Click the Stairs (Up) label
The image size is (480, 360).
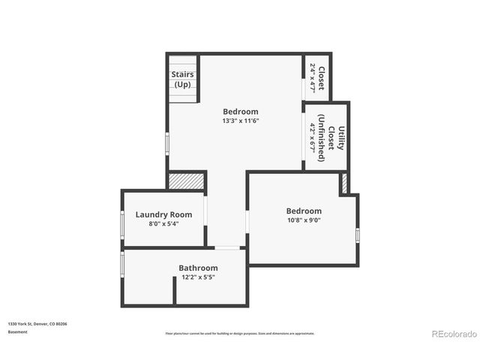182,79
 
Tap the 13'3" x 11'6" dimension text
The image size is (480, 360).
240,121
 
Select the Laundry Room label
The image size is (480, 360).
163,214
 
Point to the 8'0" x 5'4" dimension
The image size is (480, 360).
163,223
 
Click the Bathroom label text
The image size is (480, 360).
198,268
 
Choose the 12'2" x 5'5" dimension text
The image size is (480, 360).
198,277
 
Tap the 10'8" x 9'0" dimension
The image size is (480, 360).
304,220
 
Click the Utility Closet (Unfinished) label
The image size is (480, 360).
331,138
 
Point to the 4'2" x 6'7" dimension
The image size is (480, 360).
313,138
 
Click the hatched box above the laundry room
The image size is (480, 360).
185,181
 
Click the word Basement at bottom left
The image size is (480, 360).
17,331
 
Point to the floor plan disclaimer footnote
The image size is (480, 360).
240,333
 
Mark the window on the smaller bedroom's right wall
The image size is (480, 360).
358,235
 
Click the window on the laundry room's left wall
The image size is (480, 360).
122,224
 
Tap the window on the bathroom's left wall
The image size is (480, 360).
122,264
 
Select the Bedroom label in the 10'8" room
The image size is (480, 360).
304,211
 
